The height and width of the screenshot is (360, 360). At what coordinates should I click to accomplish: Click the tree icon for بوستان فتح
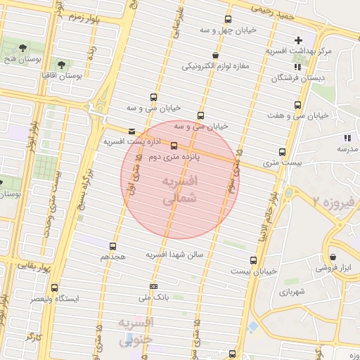(24, 49)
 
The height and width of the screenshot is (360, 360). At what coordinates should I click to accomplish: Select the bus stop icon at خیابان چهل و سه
(228, 20)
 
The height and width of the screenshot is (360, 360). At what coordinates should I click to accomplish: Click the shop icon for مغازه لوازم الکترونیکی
(214, 56)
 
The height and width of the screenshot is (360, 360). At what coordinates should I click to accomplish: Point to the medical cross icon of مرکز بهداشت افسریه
(298, 40)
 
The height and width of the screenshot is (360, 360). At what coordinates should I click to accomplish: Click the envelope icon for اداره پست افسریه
(132, 131)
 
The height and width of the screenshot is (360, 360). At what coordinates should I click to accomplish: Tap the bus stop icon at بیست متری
(283, 152)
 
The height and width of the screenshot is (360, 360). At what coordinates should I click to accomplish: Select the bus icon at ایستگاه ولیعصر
(55, 288)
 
